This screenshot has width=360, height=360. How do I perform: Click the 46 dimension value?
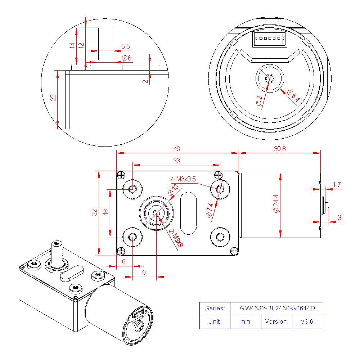tap(176, 149)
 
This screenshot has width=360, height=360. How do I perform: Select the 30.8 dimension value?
tap(279, 149)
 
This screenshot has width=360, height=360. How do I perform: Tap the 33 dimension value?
tap(176, 161)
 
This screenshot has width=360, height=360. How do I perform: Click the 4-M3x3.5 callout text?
tap(183, 179)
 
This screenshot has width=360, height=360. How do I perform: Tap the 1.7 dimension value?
tap(337, 185)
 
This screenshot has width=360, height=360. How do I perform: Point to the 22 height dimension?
tap(53, 98)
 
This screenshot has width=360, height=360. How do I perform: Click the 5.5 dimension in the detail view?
tap(125, 46)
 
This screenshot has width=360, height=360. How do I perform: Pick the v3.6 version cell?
tap(307, 321)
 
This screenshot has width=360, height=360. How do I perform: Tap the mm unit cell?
tap(245, 321)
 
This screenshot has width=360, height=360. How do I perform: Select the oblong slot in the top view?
tap(188, 213)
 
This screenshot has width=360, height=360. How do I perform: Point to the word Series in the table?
tap(215, 309)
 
